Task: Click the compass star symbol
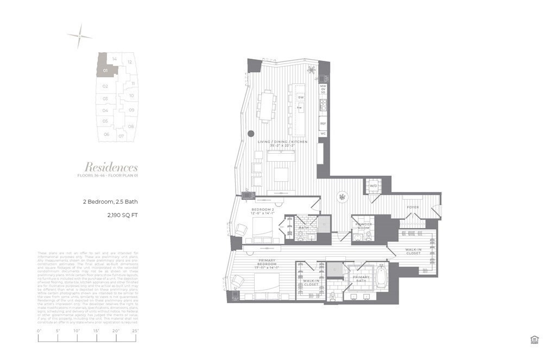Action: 79,36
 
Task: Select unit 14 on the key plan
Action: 114,59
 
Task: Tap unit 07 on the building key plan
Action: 121,135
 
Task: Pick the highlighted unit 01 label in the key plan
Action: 105,71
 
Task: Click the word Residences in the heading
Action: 111,167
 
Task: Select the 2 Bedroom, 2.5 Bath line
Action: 111,201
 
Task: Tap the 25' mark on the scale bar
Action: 135,330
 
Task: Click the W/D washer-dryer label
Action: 374,186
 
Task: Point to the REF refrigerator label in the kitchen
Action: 323,124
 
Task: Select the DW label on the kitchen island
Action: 300,97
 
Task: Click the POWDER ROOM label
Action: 363,225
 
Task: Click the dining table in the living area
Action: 267,106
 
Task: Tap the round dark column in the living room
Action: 251,133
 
